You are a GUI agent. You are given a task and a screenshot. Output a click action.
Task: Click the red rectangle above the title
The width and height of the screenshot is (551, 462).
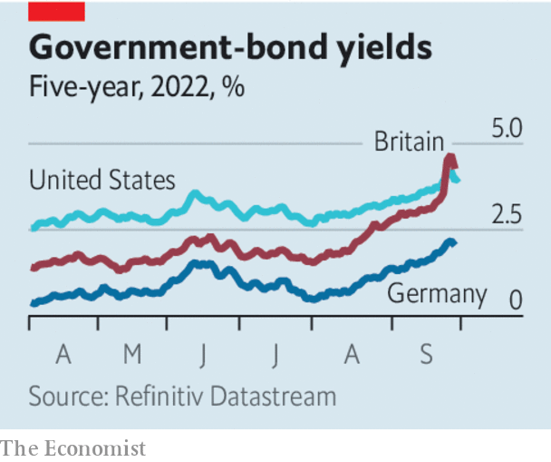tap(56, 11)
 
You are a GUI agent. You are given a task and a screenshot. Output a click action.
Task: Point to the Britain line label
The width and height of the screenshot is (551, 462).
tap(409, 142)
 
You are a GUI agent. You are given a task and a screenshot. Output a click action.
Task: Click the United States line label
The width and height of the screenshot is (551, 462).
tap(101, 181)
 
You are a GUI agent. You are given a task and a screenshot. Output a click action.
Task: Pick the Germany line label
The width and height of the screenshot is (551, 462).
tap(437, 294)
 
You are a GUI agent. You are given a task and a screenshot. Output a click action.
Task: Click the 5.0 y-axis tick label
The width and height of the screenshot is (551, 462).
tap(507, 128)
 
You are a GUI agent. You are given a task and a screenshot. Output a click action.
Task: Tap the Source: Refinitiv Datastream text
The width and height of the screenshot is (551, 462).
tap(181, 397)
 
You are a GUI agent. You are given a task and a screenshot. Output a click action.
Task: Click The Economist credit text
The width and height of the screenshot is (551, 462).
tap(72, 447)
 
